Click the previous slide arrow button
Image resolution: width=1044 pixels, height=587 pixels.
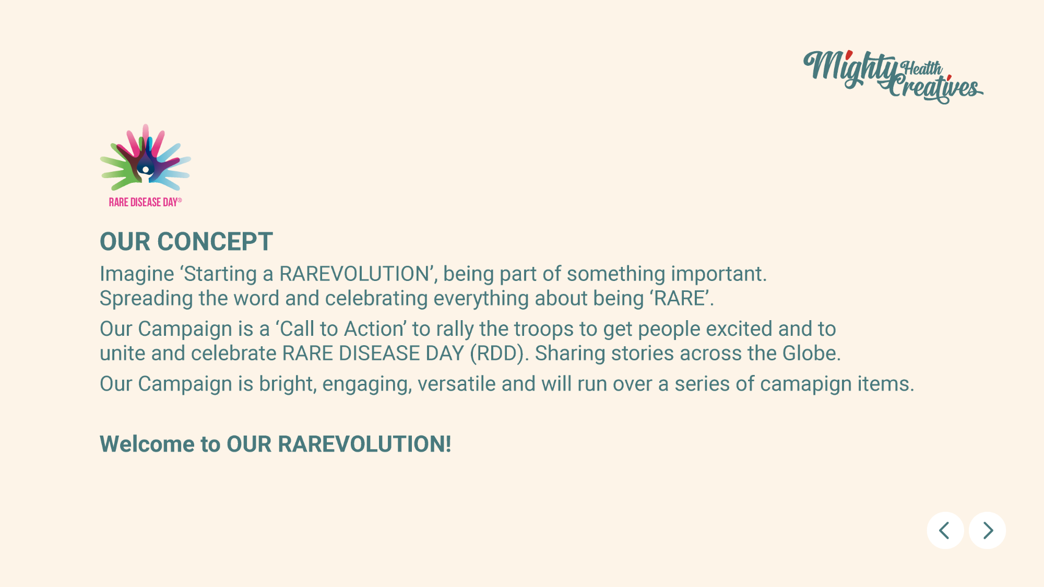point(945,531)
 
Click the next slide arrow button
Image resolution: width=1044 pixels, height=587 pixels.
point(987,531)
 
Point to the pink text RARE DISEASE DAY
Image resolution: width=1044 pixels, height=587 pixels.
point(145,202)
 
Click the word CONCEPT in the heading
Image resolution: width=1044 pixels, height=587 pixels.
point(215,242)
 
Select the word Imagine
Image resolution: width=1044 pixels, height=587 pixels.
point(137,275)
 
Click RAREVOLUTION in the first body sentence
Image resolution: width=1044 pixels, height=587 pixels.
point(354,274)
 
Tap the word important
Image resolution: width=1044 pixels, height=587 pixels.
point(719,275)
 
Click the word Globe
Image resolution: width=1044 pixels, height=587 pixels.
point(811,354)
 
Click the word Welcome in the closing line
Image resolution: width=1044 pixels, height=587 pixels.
point(147,444)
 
